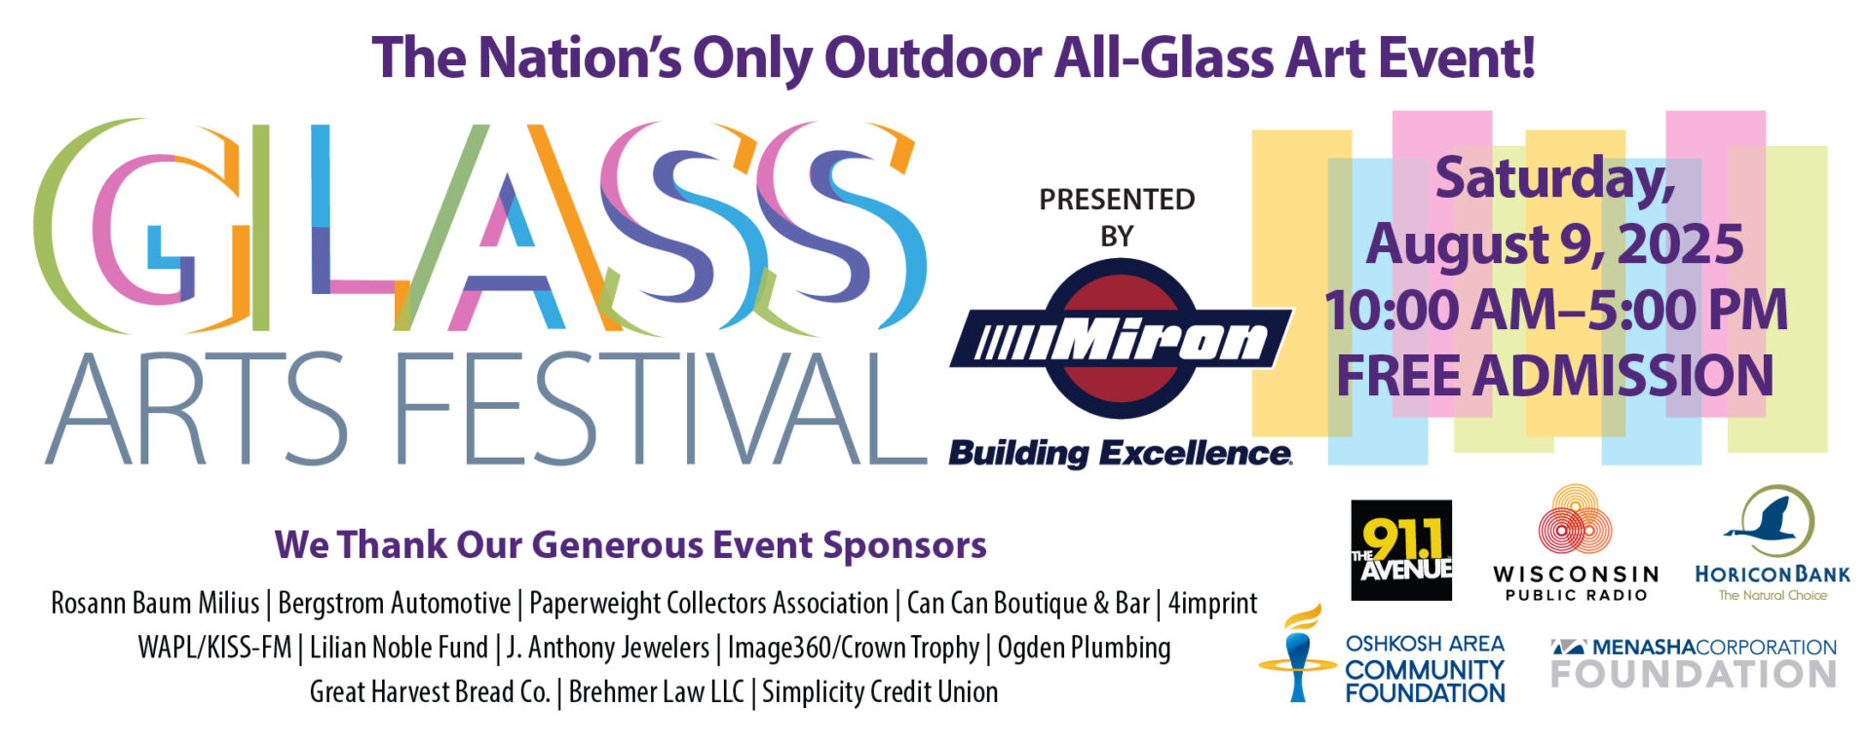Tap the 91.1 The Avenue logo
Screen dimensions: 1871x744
click(1401, 550)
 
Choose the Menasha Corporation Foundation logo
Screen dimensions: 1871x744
click(1694, 663)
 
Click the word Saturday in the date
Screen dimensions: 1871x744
click(1555, 179)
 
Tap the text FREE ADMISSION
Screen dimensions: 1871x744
click(1554, 375)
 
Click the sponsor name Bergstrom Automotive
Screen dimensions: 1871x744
click(394, 603)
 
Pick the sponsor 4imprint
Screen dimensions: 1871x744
click(1212, 604)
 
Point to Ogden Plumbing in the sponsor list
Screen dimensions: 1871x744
click(1084, 648)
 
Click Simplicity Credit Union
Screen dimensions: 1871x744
click(880, 691)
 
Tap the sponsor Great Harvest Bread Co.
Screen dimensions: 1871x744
click(430, 691)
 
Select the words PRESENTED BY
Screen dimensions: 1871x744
click(1117, 217)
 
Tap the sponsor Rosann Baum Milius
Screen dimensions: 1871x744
click(155, 603)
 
